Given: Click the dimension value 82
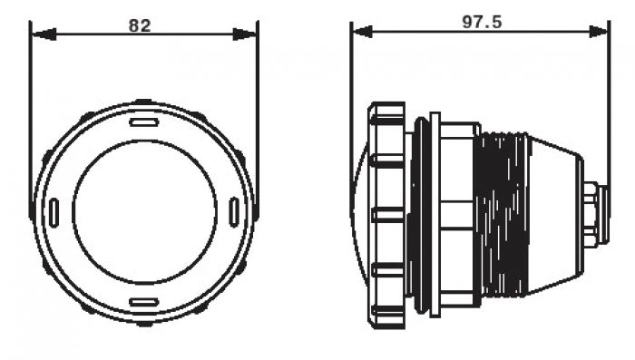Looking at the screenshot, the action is pyautogui.click(x=140, y=25).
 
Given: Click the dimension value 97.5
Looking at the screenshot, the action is pyautogui.click(x=482, y=22).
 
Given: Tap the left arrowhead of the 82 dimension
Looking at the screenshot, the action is pyautogui.click(x=44, y=34).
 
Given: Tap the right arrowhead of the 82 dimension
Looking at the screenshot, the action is pyautogui.click(x=245, y=34).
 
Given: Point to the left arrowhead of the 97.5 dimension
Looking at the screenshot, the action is pyautogui.click(x=363, y=32).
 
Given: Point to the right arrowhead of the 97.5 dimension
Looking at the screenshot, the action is pyautogui.click(x=598, y=32).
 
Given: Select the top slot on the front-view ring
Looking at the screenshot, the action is pyautogui.click(x=143, y=122).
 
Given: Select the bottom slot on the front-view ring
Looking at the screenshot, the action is pyautogui.click(x=143, y=302).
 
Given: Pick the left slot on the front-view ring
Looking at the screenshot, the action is pyautogui.click(x=54, y=213).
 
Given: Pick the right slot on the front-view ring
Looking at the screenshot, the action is pyautogui.click(x=234, y=212).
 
